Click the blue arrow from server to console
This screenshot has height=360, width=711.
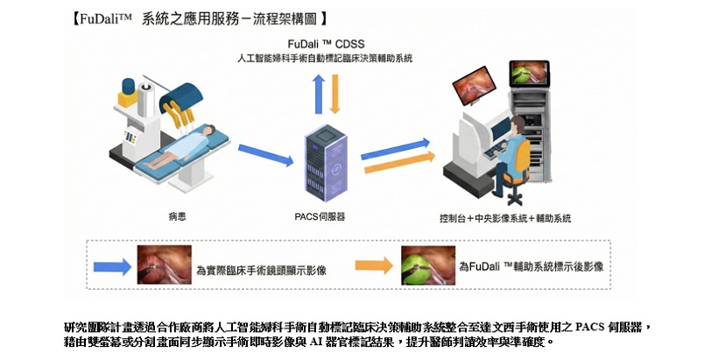point(397,145)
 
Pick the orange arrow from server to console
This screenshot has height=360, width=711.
point(397,163)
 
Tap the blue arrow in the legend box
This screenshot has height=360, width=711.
point(112,265)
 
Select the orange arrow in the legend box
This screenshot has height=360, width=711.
point(374,265)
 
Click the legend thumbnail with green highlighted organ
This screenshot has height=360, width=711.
point(426,265)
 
